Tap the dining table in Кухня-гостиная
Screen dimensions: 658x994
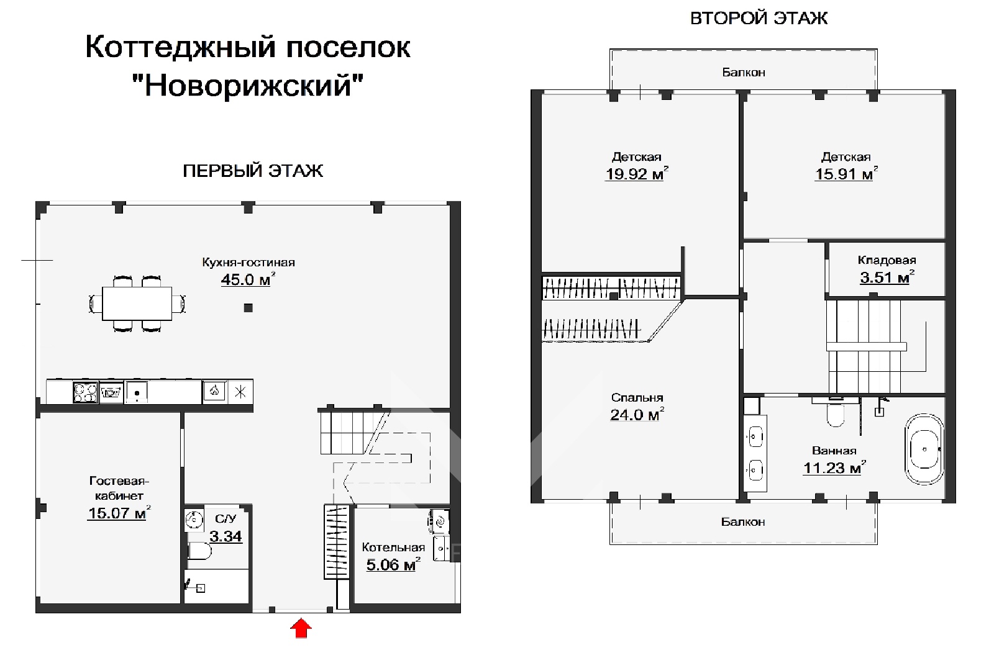[137, 304]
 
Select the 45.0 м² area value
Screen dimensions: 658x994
[247, 280]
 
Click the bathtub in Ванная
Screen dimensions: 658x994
[924, 449]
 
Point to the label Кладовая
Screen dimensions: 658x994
[887, 260]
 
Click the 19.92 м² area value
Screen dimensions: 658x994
[635, 174]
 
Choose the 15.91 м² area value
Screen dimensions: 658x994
[845, 174]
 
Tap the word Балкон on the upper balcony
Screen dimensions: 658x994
[743, 73]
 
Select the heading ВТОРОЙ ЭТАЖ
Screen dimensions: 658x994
[759, 18]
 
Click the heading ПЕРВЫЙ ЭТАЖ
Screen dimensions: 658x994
[253, 171]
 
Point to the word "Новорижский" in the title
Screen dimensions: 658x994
[248, 85]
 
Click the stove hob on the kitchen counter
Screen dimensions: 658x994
[85, 392]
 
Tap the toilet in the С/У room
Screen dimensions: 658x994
[199, 551]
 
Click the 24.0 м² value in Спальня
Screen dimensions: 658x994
[635, 415]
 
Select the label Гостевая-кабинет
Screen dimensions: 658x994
[119, 488]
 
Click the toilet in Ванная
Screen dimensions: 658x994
[836, 415]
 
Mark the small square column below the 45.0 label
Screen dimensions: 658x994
[248, 308]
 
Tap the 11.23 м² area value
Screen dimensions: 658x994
[832, 469]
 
